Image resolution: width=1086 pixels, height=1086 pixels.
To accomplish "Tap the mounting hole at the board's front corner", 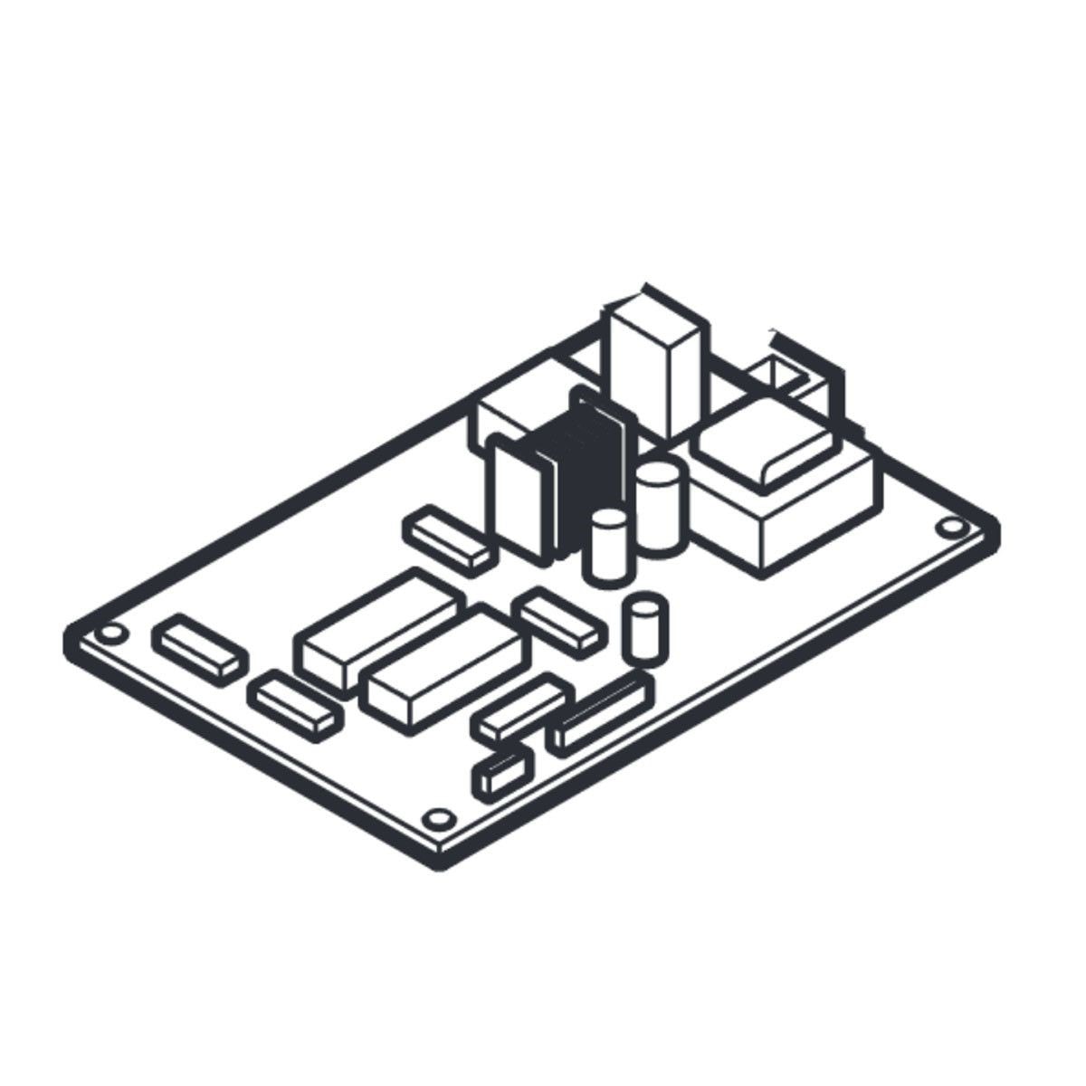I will [x=438, y=818].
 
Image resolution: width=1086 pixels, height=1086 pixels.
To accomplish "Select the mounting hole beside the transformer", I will [x=949, y=527].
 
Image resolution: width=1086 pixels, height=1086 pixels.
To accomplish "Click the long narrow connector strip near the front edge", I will [x=602, y=715].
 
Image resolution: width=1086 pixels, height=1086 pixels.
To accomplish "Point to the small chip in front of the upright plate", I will [x=449, y=539].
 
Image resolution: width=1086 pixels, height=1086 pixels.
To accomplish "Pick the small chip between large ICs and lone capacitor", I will [x=558, y=621].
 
